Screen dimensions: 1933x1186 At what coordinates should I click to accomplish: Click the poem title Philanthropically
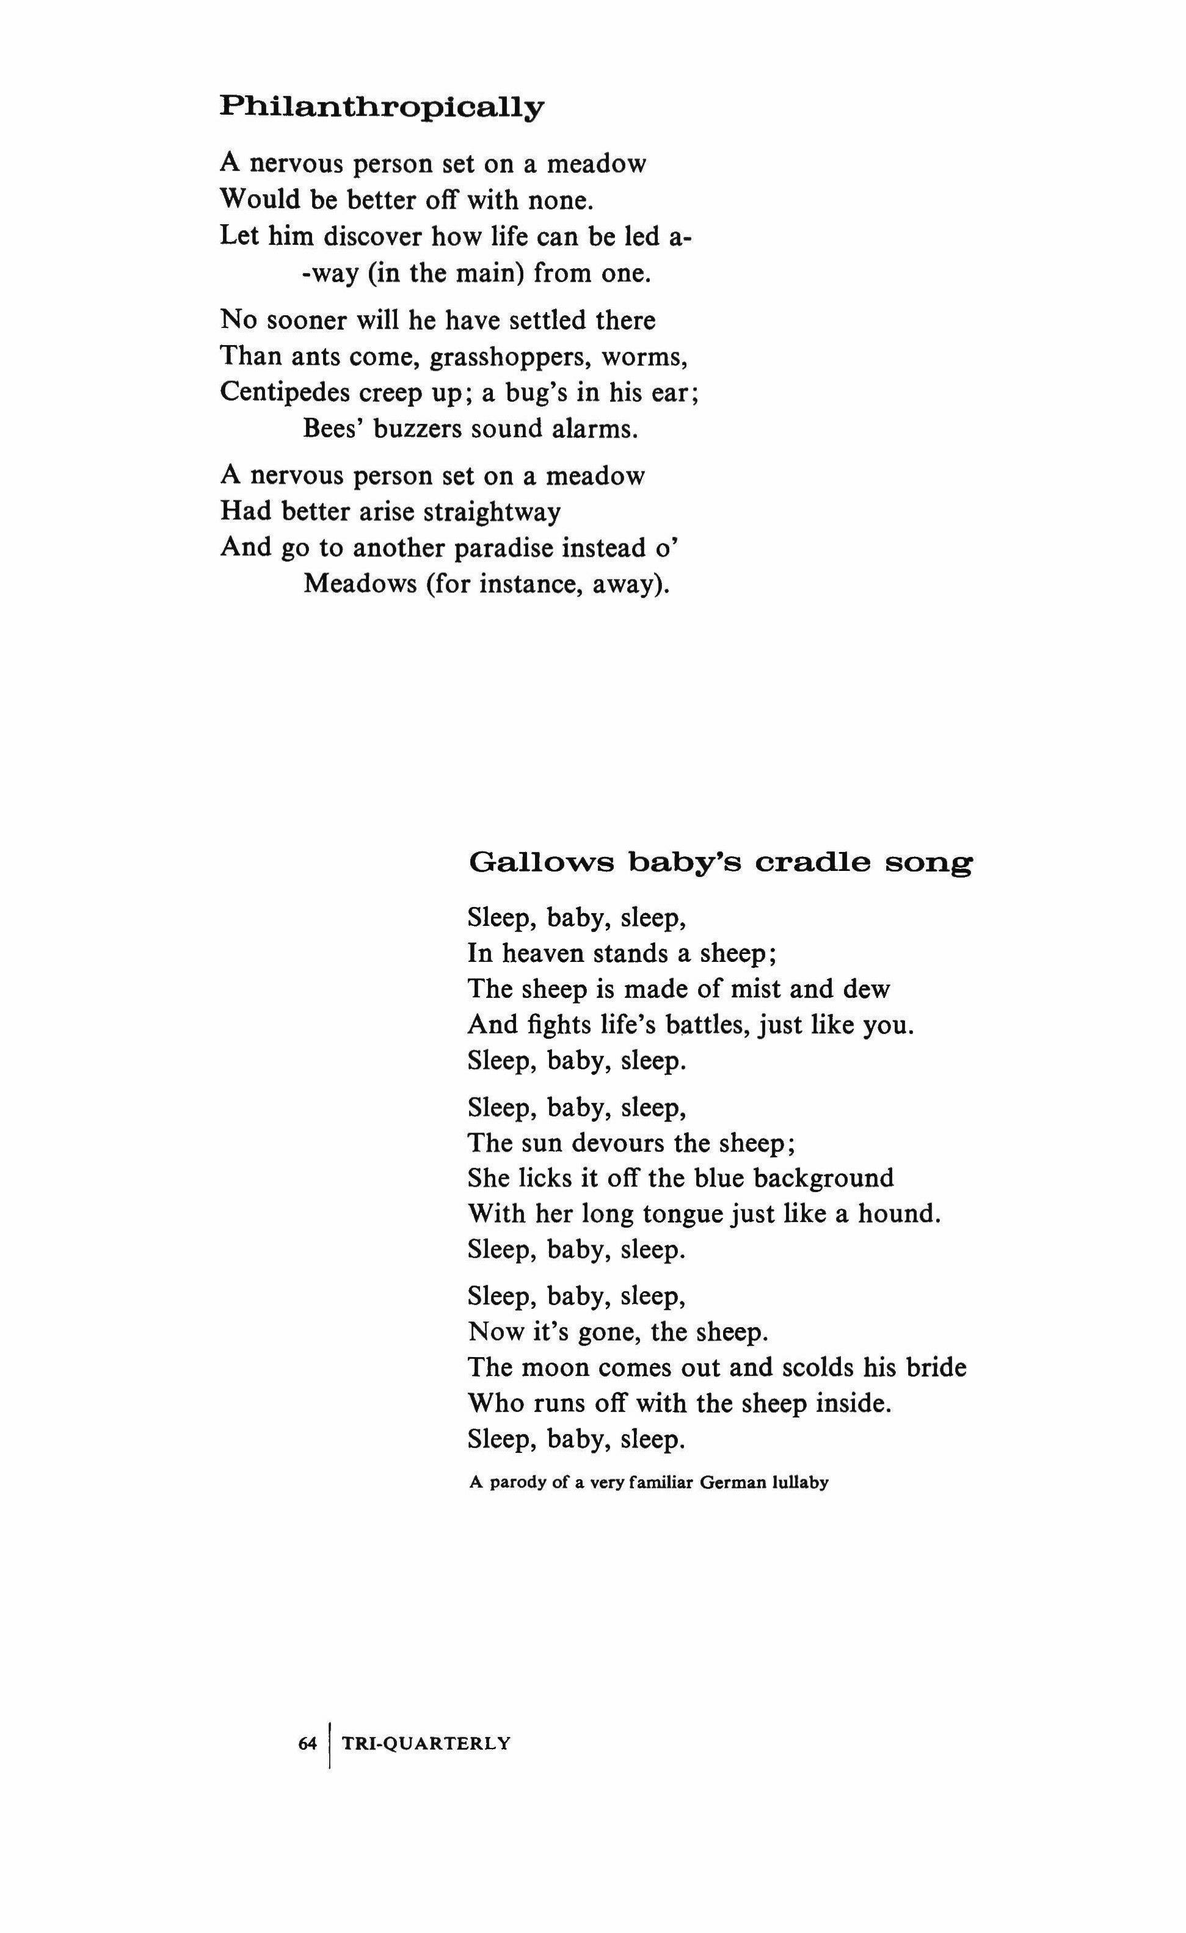[x=381, y=107]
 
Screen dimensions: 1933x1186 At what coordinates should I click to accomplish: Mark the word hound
[x=898, y=1214]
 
